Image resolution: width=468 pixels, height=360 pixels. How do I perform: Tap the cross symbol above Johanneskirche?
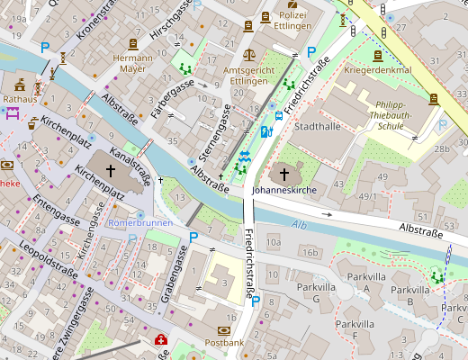[x=285, y=173]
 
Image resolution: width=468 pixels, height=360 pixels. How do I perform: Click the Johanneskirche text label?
[x=285, y=192]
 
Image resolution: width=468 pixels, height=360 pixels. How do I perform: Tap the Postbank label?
[x=224, y=343]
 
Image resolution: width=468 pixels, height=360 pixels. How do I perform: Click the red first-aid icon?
[x=161, y=340]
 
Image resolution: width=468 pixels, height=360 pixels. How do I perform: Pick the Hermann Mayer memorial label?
[x=132, y=62]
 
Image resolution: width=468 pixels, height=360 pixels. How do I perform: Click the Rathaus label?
[x=19, y=99]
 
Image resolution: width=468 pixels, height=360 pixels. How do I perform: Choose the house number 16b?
[x=310, y=253]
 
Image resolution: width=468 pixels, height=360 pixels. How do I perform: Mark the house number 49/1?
[x=367, y=195]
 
